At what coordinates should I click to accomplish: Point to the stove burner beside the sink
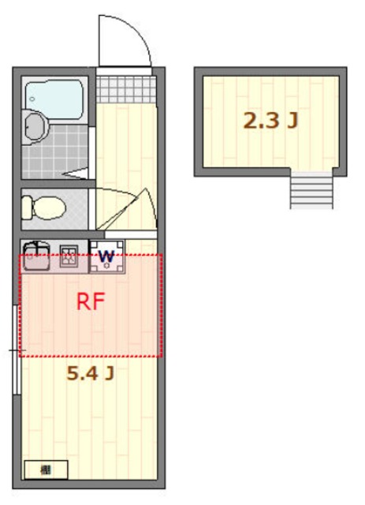(x=69, y=254)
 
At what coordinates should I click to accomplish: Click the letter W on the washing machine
(x=107, y=256)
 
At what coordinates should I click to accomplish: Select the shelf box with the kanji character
(x=46, y=469)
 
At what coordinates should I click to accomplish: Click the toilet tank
(x=26, y=208)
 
